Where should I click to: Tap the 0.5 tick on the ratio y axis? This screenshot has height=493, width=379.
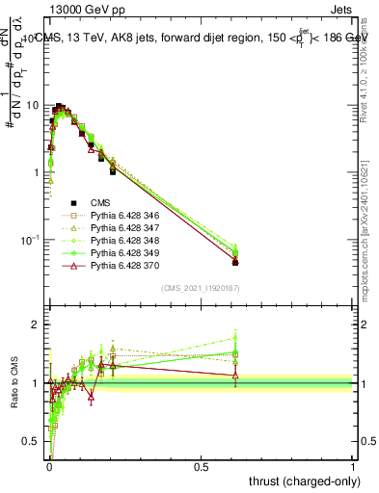click(32, 442)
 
